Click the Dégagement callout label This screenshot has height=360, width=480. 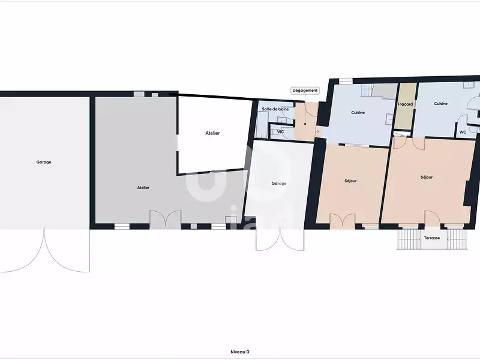[x=305, y=91]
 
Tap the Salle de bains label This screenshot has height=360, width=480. [x=275, y=109]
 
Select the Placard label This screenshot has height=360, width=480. [x=406, y=104]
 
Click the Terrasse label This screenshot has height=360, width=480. [x=432, y=238]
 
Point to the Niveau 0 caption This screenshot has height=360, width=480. [x=239, y=352]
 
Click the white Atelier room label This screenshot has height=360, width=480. [x=212, y=133]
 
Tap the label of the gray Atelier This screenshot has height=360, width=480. [x=143, y=188]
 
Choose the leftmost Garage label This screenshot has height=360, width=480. [x=44, y=162]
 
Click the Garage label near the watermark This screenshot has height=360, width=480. [x=279, y=184]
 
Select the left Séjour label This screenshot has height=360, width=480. [x=350, y=181]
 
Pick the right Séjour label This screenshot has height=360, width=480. [x=427, y=177]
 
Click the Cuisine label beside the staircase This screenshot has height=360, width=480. [x=358, y=113]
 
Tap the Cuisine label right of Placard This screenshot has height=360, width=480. [x=441, y=104]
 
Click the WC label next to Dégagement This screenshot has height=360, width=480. [x=280, y=132]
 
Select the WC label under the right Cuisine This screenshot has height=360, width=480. [x=463, y=132]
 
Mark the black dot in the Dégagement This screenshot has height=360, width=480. [x=305, y=124]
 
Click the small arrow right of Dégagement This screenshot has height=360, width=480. [x=317, y=131]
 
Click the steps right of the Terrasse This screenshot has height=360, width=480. [x=457, y=239]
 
